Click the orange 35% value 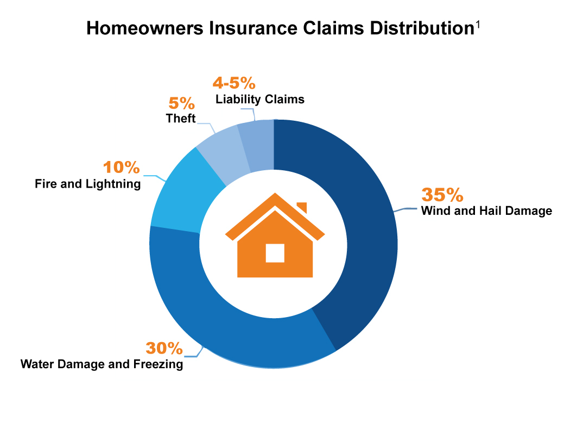click(x=442, y=195)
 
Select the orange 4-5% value click(x=233, y=83)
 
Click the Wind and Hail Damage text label click(x=486, y=211)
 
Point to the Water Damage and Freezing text click(x=102, y=364)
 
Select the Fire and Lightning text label click(x=87, y=184)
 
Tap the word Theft click(x=181, y=119)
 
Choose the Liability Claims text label click(x=259, y=100)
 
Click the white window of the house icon click(x=275, y=253)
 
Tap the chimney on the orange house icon click(x=302, y=207)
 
